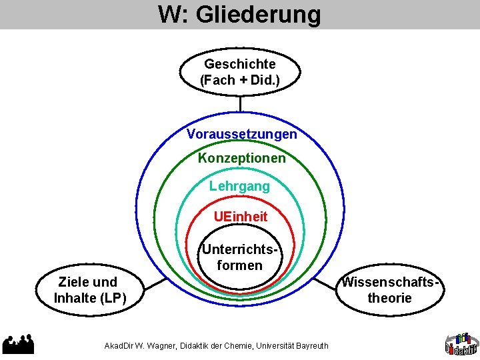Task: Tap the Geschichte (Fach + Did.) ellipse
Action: (240, 71)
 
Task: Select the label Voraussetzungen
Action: (242, 134)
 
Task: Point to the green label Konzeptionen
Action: (241, 159)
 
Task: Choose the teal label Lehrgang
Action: (239, 187)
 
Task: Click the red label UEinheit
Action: (241, 217)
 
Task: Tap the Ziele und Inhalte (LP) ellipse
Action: (90, 290)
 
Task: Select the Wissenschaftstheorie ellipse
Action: (390, 290)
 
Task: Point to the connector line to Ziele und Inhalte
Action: (155, 283)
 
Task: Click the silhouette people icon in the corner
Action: (18, 343)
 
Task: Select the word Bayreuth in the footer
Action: (311, 346)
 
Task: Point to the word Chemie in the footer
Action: (239, 346)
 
